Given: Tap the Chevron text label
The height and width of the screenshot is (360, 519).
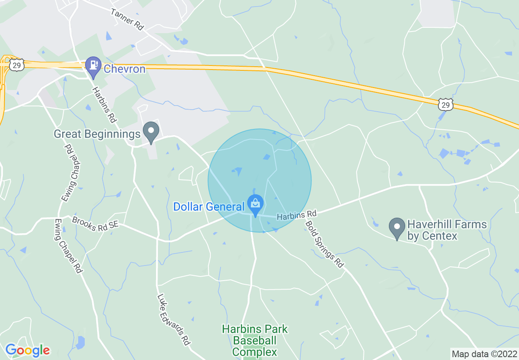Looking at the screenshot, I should [125, 69].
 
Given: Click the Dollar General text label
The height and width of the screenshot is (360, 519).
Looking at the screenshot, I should [208, 207].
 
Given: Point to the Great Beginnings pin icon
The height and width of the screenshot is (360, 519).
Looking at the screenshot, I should [151, 132].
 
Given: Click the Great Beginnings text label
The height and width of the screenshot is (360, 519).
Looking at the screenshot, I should [97, 134].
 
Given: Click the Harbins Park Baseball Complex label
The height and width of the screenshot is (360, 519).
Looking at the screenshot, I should [255, 340].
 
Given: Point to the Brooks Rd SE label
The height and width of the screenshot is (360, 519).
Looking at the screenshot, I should [95, 224].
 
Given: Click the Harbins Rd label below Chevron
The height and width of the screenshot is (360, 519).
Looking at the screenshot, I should [105, 105].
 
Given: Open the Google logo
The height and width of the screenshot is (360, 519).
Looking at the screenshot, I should [27, 350].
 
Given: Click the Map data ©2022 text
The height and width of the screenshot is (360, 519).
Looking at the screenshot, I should [484, 353].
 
